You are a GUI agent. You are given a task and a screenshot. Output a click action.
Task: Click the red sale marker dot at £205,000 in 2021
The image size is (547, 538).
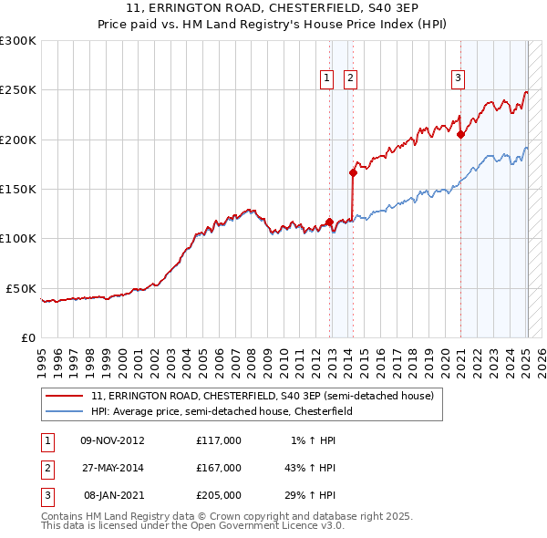pyautogui.click(x=460, y=135)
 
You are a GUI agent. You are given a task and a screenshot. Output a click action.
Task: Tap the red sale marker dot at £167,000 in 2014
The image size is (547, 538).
pyautogui.click(x=353, y=172)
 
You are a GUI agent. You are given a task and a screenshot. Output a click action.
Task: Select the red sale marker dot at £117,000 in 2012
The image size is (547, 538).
pyautogui.click(x=329, y=222)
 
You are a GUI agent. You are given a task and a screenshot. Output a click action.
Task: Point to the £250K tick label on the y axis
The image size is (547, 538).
pyautogui.click(x=18, y=90)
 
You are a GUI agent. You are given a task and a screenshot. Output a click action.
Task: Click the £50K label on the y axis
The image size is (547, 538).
pyautogui.click(x=22, y=288)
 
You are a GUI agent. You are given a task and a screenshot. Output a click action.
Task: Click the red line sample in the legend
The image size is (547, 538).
pyautogui.click(x=64, y=396)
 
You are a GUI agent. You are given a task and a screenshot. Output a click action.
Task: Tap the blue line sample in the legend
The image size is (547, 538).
pyautogui.click(x=64, y=411)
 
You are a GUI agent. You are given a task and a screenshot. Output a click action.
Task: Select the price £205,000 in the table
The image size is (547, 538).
pyautogui.click(x=219, y=496)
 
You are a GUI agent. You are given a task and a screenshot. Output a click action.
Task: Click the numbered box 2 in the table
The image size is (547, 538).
pyautogui.click(x=45, y=468)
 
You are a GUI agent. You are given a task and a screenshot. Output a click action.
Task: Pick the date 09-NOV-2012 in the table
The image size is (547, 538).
pyautogui.click(x=113, y=440)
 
